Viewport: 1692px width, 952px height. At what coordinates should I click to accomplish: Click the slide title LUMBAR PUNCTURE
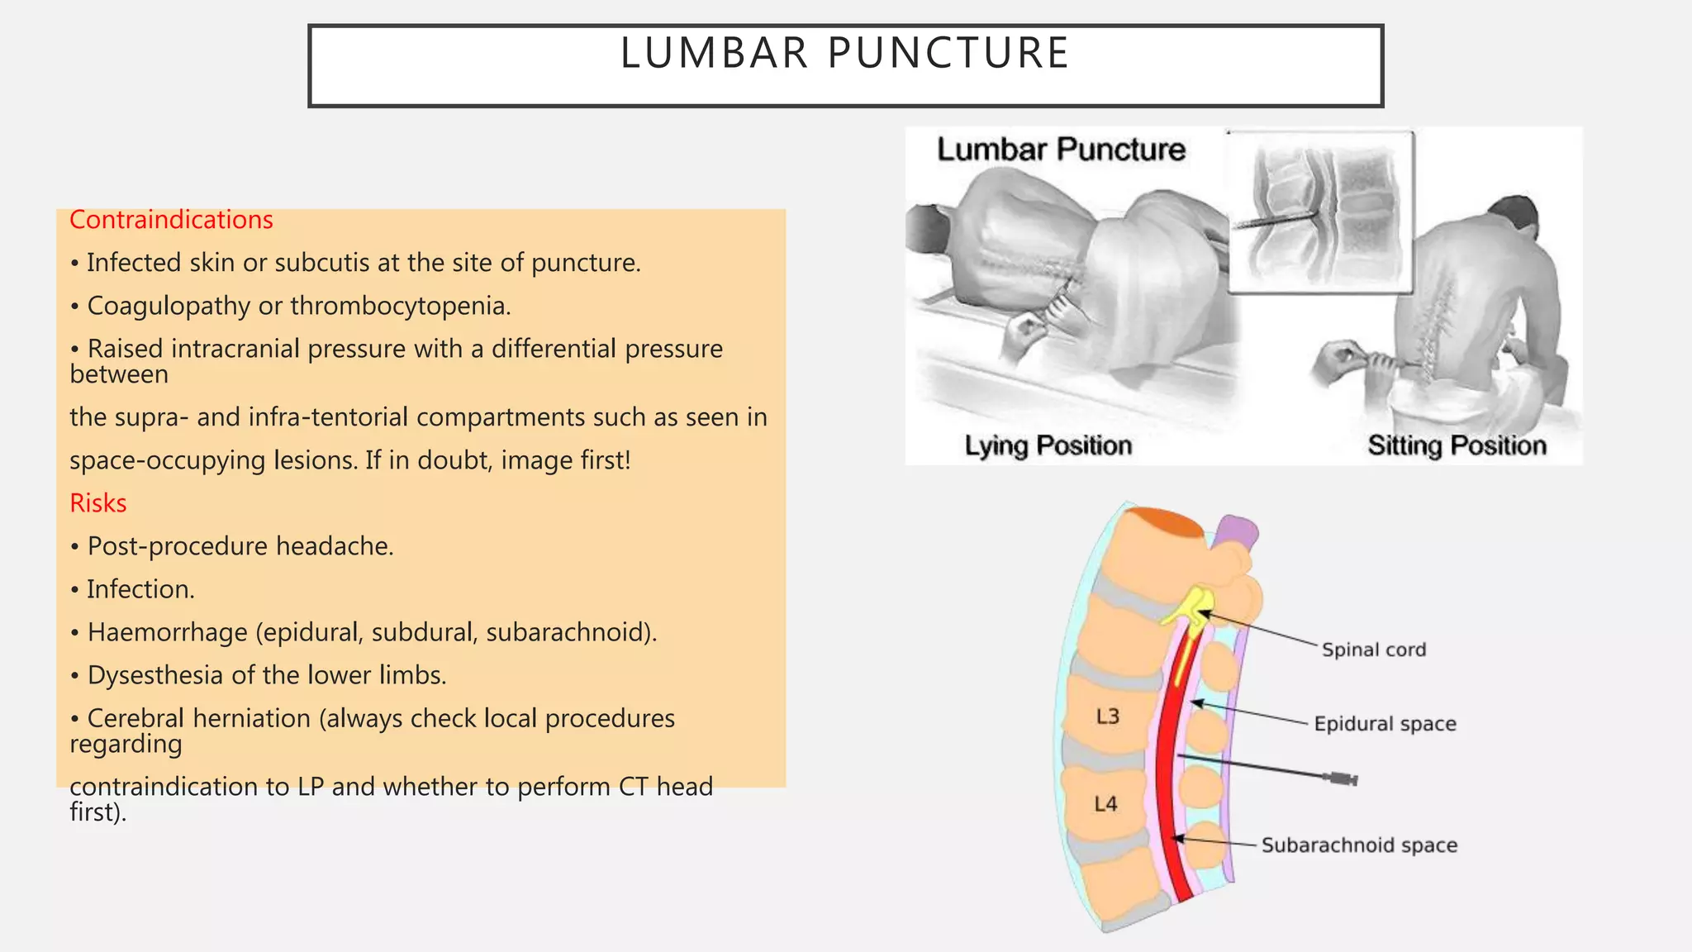tap(844, 54)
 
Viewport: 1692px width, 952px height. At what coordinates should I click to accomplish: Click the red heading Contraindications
tap(171, 220)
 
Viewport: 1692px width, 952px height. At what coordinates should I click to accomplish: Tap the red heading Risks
tap(97, 503)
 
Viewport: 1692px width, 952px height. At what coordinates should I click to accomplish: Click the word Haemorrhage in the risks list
tap(168, 633)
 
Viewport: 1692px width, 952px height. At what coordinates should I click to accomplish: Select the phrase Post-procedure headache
tap(240, 547)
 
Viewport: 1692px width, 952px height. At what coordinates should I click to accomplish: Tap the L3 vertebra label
tap(1107, 716)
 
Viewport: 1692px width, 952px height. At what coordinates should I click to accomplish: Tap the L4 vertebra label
tap(1105, 803)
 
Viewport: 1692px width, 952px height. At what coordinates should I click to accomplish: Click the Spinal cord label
tap(1373, 650)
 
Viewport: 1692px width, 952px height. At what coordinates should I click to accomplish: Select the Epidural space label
tap(1385, 724)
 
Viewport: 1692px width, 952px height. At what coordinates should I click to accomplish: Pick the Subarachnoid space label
tap(1359, 845)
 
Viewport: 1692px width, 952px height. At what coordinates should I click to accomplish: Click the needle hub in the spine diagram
tap(1340, 778)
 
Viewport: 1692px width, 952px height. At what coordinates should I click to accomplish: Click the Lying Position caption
tap(1048, 446)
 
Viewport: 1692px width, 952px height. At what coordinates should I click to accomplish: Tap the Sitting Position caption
tap(1457, 446)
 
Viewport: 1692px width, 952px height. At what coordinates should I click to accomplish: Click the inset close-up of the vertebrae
tap(1320, 212)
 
